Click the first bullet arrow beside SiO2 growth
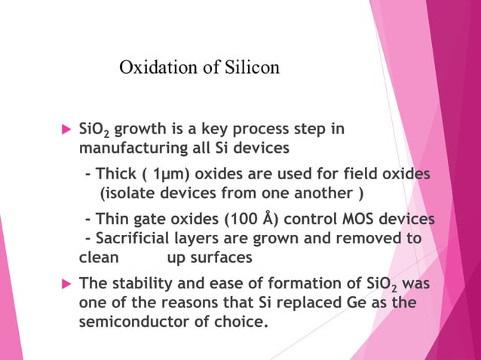click(x=65, y=130)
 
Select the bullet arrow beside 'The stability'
click(x=65, y=285)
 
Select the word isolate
click(x=130, y=193)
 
